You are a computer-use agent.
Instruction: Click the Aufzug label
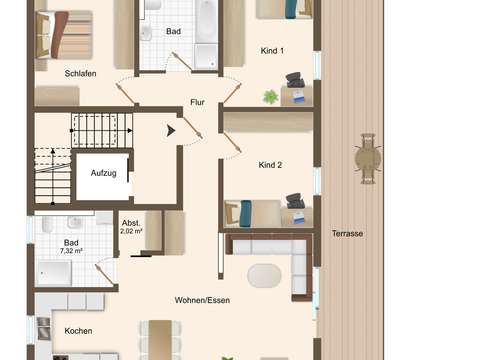104,173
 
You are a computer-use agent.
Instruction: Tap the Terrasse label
347,233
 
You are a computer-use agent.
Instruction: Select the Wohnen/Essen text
202,300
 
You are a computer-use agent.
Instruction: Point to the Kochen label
78,331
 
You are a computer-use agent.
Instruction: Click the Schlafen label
80,73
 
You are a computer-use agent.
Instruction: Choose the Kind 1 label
272,51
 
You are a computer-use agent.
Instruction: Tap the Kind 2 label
270,165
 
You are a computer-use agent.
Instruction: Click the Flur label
197,102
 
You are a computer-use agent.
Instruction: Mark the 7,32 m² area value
71,251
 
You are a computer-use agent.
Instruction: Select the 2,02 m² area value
131,231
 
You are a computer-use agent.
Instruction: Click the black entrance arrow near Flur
171,131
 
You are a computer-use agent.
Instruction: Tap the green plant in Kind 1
271,97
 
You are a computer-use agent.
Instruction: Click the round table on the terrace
368,159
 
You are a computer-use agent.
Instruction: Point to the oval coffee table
264,276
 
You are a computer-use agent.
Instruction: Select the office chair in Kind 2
295,201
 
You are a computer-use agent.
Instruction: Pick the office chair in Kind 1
295,80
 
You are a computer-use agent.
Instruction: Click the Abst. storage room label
131,223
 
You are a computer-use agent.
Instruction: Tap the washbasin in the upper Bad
146,34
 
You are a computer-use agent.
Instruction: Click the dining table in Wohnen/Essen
160,340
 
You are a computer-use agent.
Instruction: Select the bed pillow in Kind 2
246,213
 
